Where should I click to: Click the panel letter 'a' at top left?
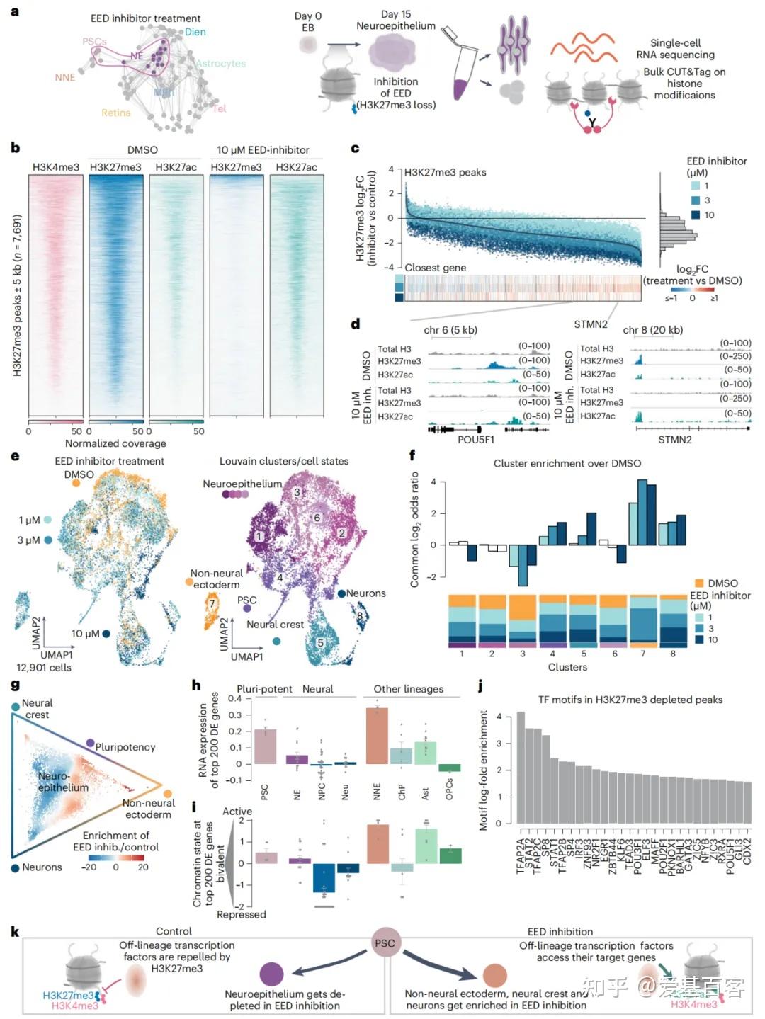tap(15, 12)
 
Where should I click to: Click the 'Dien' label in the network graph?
tap(195, 32)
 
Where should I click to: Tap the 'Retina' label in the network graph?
tap(115, 113)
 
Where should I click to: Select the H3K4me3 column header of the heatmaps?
tap(56, 167)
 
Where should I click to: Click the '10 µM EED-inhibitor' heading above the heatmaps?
tap(263, 149)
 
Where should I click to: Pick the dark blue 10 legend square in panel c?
tap(696, 215)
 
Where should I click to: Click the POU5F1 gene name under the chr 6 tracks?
tap(476, 439)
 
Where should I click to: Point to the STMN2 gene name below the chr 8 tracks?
tap(674, 439)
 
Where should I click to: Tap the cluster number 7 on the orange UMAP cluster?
tap(212, 604)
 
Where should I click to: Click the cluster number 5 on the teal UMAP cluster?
tap(320, 643)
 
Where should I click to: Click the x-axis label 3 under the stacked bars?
tap(523, 654)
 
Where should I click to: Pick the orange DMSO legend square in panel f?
tap(698, 583)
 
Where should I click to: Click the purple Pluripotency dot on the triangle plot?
tap(90, 743)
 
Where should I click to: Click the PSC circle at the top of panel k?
tap(385, 943)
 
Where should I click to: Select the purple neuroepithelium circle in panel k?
tap(272, 974)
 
